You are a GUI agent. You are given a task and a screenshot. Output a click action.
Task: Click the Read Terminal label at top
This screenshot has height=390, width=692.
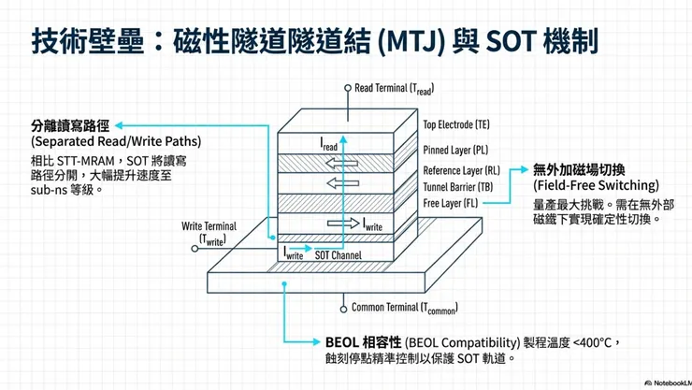[394, 88]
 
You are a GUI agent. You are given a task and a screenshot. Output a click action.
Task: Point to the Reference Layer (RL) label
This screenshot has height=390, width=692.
[460, 170]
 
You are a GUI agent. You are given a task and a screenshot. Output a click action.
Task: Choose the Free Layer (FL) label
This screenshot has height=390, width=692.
[451, 202]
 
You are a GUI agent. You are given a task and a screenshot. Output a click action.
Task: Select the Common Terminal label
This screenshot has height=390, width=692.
[403, 307]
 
